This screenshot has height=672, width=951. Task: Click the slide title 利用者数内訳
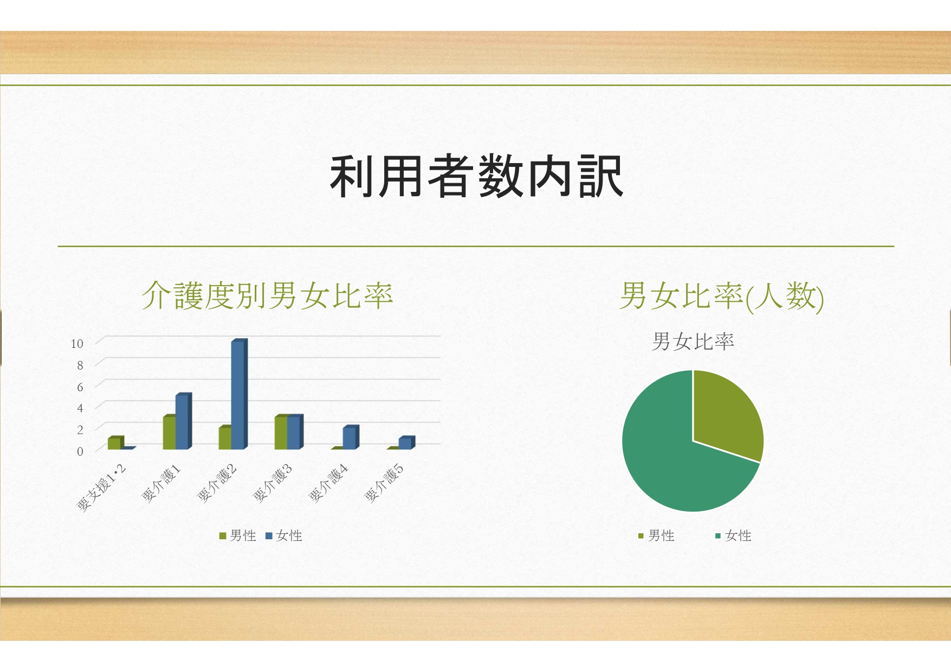(477, 176)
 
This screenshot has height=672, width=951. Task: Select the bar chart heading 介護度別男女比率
(267, 296)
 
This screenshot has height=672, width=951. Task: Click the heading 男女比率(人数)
(721, 296)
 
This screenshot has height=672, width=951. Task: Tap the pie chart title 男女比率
(693, 341)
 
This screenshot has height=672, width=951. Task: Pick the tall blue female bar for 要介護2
(239, 394)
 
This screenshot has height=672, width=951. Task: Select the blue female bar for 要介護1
(183, 421)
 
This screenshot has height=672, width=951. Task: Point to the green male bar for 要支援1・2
(115, 443)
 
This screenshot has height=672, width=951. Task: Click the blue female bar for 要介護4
(351, 437)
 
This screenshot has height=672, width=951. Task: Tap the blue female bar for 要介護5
(406, 443)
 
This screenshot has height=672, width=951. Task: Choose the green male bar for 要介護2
(225, 438)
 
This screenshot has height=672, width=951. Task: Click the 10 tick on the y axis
(77, 344)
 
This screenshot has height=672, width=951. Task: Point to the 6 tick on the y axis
(80, 387)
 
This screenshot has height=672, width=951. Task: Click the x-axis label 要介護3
(273, 483)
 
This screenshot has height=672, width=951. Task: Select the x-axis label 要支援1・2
(101, 487)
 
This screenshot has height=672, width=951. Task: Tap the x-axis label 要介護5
(384, 483)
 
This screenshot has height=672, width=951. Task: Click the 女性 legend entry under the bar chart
(284, 536)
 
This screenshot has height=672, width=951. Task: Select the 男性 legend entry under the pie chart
(656, 536)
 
